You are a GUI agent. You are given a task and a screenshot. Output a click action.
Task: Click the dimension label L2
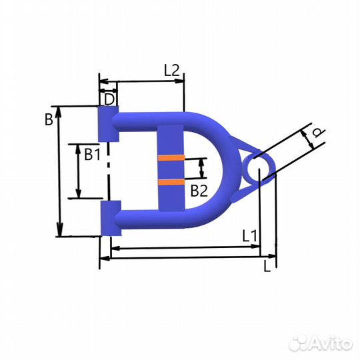click(171, 70)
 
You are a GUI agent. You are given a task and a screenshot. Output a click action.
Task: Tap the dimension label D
click(109, 99)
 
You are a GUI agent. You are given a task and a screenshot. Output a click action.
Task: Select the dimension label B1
click(92, 154)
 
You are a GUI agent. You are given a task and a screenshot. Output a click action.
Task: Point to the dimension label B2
click(199, 191)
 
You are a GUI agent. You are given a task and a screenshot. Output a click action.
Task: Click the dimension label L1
click(250, 236)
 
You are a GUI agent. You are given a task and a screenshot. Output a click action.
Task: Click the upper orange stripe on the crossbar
click(171, 158)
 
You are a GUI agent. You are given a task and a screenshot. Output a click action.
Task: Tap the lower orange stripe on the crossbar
click(171, 182)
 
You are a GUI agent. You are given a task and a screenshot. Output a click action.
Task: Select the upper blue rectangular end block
click(109, 124)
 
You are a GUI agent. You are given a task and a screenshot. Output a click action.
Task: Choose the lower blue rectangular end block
click(111, 218)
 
